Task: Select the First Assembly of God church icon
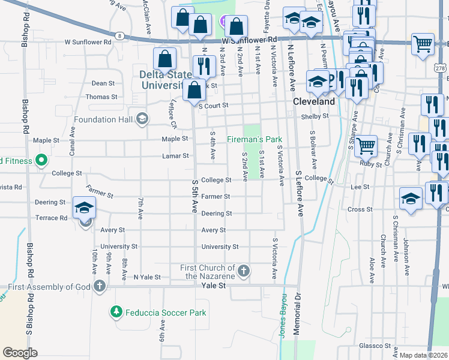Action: click(99, 286)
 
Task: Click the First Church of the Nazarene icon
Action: click(244, 271)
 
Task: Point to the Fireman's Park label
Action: click(254, 140)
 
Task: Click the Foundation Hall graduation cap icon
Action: click(142, 119)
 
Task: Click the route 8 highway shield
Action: click(121, 36)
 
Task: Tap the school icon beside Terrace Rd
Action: click(85, 208)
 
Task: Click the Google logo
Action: click(20, 353)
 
